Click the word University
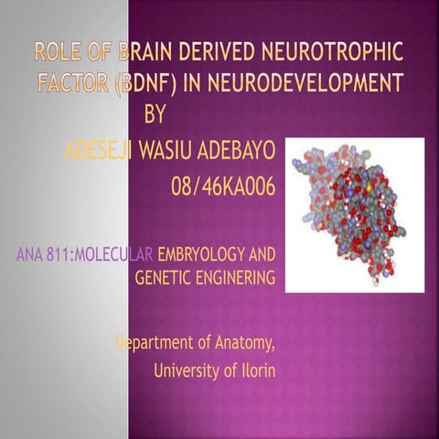(x=188, y=371)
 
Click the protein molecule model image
(x=355, y=215)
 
